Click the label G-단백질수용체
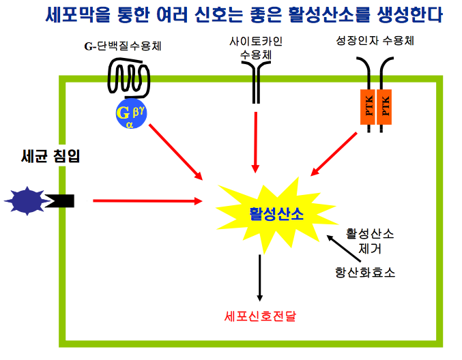pos(127,47)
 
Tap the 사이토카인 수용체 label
pos(256,48)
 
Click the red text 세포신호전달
pos(260,316)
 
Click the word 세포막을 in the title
pos(77,14)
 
